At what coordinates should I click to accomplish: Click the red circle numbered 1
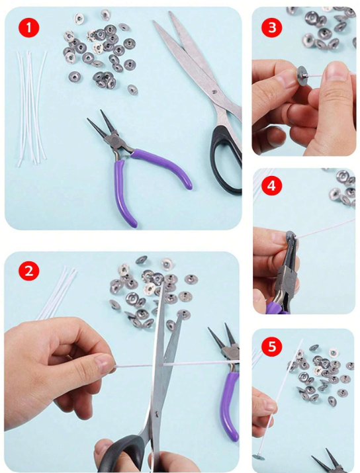point(29,27)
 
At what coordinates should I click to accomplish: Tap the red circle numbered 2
point(29,271)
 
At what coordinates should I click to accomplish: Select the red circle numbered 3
point(272,27)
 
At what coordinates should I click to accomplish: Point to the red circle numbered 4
point(271,185)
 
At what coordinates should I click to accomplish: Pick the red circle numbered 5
point(272,346)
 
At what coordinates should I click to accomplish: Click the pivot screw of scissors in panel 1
point(214,91)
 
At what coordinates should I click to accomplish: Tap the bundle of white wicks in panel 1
point(32,108)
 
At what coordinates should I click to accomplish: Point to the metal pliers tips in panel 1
point(100,123)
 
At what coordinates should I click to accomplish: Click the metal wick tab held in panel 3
point(302,75)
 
